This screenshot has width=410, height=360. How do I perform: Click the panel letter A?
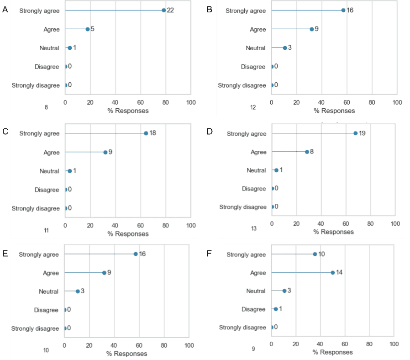tap(5, 9)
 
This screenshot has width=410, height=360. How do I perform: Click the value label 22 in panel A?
tap(170, 10)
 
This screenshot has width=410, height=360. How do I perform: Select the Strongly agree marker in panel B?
tap(343, 10)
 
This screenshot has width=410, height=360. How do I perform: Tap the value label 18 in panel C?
tap(153, 133)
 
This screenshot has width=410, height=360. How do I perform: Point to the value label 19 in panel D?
tap(363, 133)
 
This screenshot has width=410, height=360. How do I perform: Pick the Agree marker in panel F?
tap(333, 272)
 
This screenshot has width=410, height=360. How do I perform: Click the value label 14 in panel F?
tap(340, 272)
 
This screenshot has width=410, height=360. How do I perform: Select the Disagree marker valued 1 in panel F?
tap(275, 309)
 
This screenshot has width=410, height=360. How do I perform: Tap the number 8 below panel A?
tap(47, 108)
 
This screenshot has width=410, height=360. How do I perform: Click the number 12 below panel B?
tap(253, 108)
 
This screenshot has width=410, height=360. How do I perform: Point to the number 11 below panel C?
tap(47, 231)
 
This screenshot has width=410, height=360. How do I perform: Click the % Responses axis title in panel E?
tap(127, 354)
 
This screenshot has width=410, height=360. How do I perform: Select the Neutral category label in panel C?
tap(49, 171)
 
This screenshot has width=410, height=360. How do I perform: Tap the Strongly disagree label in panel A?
tap(36, 85)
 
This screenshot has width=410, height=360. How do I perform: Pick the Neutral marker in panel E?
tap(78, 291)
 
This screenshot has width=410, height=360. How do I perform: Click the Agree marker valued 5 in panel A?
tap(88, 29)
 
